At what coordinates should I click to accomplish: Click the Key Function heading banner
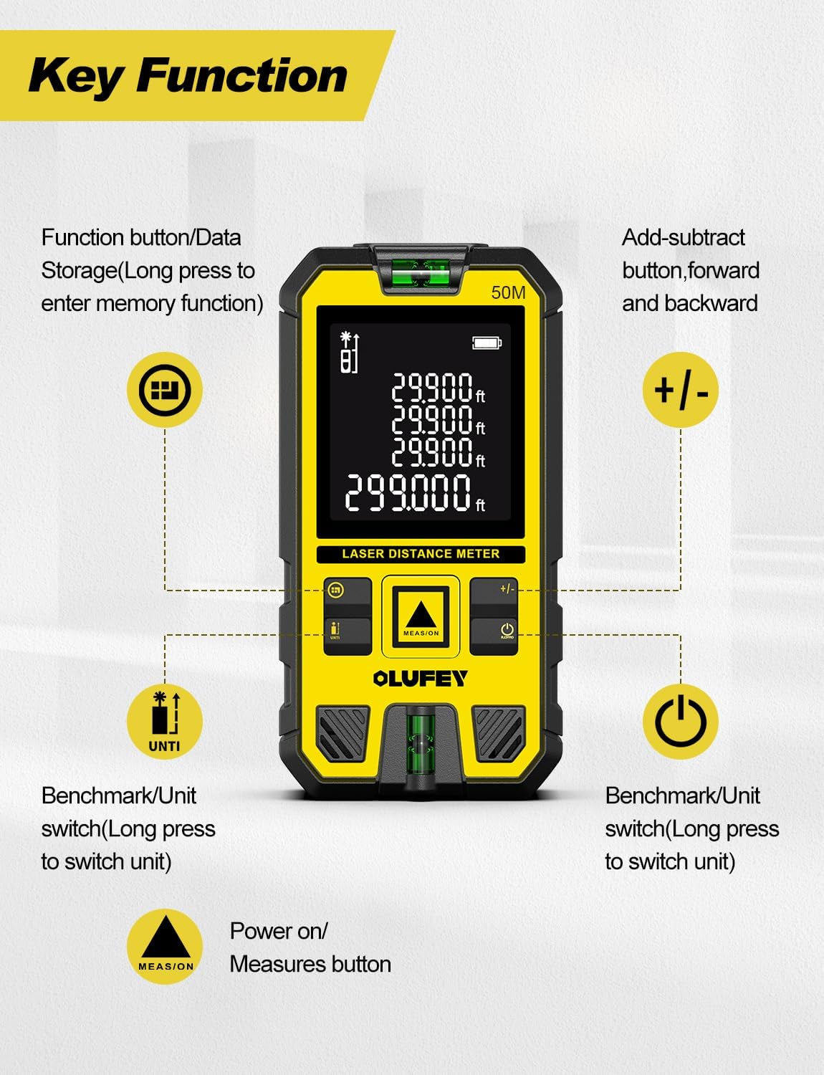(x=188, y=75)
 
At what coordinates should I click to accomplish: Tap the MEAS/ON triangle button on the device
(x=421, y=616)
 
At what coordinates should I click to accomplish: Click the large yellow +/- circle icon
(x=680, y=391)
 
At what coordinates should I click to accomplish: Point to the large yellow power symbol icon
(x=680, y=721)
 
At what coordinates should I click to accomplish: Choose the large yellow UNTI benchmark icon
(x=165, y=721)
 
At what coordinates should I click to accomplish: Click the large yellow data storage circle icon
(x=165, y=391)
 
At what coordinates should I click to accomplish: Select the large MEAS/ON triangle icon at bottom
(x=165, y=946)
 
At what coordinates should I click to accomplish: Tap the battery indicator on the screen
(x=487, y=343)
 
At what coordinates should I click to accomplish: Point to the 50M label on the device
(x=508, y=292)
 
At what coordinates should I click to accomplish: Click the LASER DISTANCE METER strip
(x=421, y=554)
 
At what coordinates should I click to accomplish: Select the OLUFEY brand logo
(x=421, y=678)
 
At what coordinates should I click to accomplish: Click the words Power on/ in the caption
(x=278, y=931)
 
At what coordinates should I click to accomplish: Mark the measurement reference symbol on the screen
(x=348, y=353)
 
